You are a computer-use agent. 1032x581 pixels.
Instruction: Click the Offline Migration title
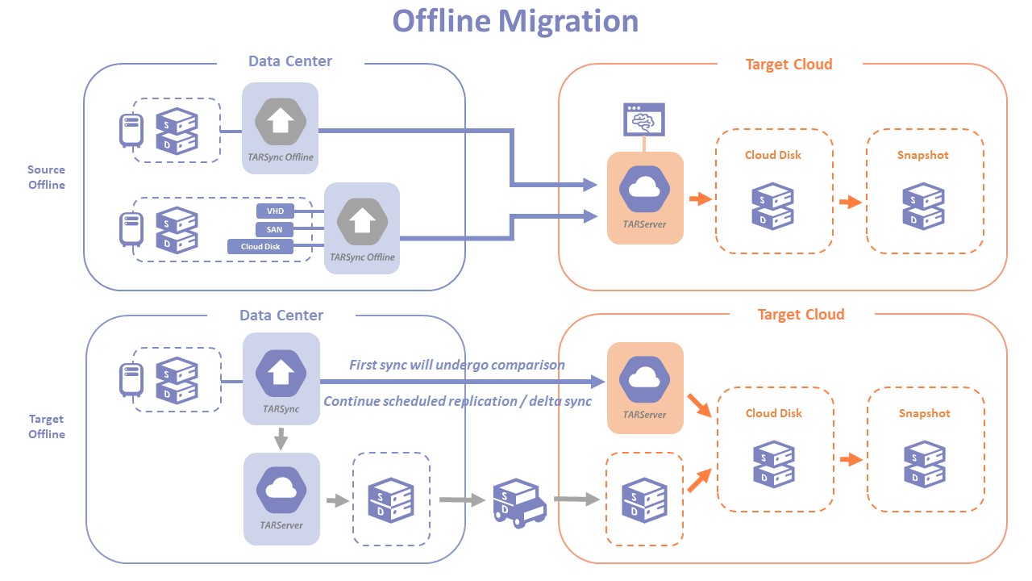click(x=515, y=21)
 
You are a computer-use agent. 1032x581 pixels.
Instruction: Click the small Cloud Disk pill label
click(x=260, y=247)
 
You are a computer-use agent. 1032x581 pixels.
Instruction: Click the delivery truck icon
click(x=519, y=502)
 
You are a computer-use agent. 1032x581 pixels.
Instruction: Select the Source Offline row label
click(x=47, y=177)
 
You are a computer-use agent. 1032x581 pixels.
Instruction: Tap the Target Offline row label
click(x=47, y=426)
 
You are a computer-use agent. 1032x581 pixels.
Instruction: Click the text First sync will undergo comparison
click(x=457, y=365)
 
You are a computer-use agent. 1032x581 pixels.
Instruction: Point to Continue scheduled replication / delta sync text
click(x=457, y=401)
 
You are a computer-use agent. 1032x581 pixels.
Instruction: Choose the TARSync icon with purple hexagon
click(x=281, y=372)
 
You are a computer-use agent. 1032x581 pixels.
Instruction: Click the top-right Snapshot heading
click(x=924, y=155)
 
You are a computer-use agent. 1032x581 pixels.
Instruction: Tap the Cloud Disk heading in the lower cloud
click(x=773, y=413)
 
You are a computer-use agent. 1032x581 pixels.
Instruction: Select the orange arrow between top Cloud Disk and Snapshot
click(x=850, y=203)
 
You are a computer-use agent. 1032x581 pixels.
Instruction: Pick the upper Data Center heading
click(x=290, y=61)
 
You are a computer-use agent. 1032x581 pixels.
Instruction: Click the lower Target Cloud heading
click(x=801, y=315)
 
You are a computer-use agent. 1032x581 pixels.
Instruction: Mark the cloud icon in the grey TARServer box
click(x=281, y=489)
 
